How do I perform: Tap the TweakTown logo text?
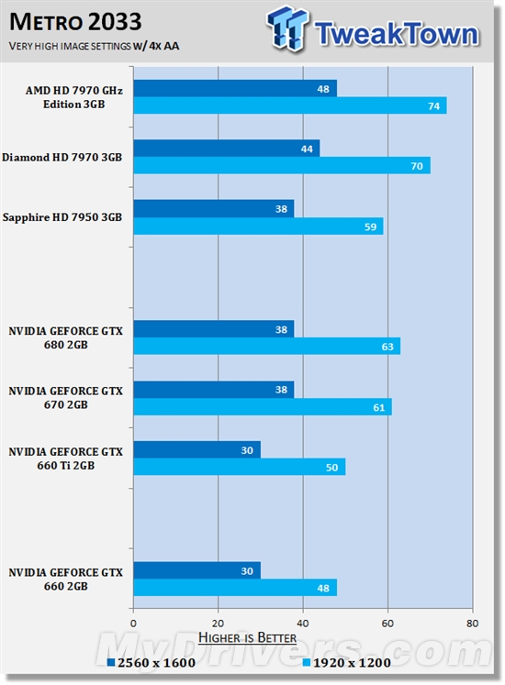(396, 34)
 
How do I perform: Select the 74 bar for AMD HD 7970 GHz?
(289, 105)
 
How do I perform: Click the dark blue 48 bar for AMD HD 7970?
(235, 89)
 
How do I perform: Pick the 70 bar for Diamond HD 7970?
(282, 165)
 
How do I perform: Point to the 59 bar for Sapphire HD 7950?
(258, 226)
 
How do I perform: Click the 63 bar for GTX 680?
(266, 346)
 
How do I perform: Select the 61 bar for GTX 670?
(263, 406)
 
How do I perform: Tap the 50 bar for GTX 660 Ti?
(239, 467)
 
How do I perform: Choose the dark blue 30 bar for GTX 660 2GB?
(196, 570)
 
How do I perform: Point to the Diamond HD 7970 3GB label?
(62, 157)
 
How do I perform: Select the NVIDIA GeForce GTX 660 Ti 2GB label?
(65, 459)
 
